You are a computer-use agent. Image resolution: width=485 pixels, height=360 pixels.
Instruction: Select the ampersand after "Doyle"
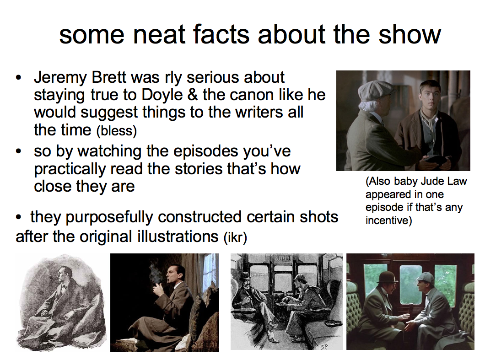pyautogui.click(x=192, y=95)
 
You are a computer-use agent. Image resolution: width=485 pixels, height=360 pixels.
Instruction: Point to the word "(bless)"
pyautogui.click(x=117, y=131)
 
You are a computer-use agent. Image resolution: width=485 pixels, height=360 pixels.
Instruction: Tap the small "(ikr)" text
pyautogui.click(x=235, y=237)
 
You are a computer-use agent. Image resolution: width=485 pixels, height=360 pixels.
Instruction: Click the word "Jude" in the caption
pyautogui.click(x=428, y=181)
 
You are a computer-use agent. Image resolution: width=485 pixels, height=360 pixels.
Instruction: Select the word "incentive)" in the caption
pyautogui.click(x=389, y=220)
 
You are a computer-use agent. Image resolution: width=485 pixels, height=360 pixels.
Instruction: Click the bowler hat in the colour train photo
pyautogui.click(x=387, y=277)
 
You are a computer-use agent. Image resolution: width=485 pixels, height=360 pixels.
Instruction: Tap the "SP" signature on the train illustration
pyautogui.click(x=324, y=347)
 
